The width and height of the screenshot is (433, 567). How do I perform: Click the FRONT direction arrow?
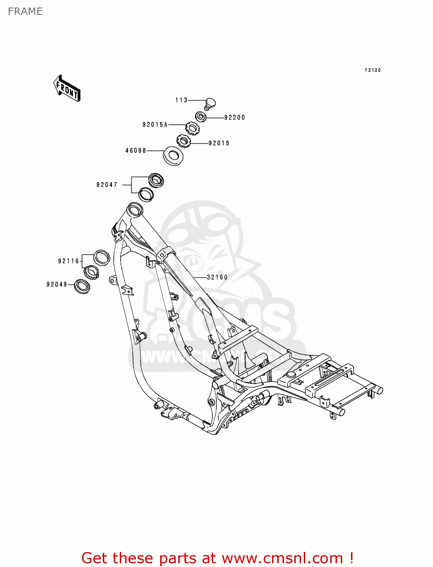coord(67,88)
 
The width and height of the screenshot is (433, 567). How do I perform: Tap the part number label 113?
coord(181,100)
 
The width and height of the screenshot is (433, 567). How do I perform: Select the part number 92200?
coord(235,118)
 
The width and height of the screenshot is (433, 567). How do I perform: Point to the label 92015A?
coord(155,125)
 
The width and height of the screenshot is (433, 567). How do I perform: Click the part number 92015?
coord(219,143)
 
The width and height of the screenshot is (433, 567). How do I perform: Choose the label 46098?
coord(136,150)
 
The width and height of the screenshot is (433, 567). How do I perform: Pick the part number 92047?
coord(107,185)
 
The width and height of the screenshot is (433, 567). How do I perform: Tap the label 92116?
coord(68,261)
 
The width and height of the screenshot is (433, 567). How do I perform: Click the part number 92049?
coord(57,285)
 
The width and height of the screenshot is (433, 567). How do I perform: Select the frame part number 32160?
coord(217,277)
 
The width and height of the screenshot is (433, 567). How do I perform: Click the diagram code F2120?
coord(373,70)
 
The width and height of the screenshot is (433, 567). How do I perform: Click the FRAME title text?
coord(25,11)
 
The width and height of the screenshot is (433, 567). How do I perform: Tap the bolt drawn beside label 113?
coord(210,103)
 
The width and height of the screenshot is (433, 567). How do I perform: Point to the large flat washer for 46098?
coord(173,155)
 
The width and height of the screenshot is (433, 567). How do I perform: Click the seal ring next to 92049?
coord(82,286)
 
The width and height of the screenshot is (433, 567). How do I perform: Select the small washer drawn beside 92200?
coord(201,116)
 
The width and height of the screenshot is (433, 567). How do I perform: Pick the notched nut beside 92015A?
coord(192,128)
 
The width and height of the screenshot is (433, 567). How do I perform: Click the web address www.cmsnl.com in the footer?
coord(282,558)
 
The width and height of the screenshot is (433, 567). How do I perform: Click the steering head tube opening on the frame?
coord(135,209)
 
